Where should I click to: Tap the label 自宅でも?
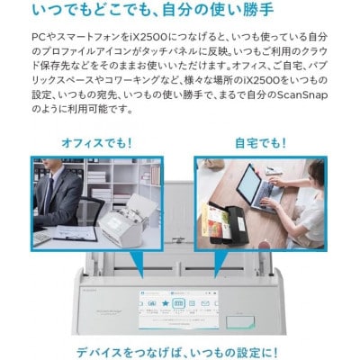[262, 143]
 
